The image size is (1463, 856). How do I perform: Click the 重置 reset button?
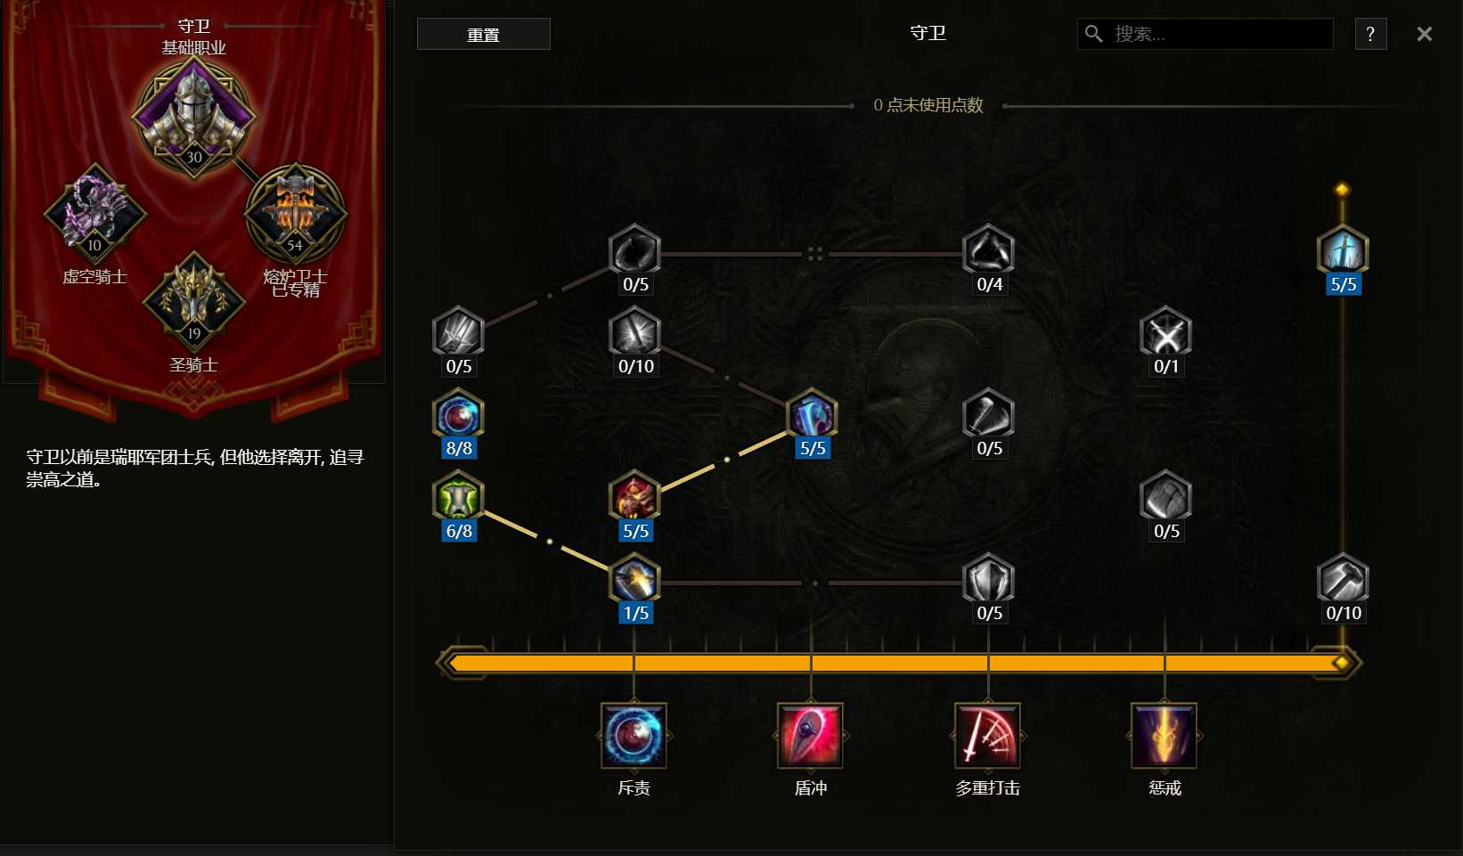483,34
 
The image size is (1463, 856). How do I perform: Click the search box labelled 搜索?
1205,34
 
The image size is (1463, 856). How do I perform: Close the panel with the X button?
1425,34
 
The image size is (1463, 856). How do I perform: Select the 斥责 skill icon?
633,736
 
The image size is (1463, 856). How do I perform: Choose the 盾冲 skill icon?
811,736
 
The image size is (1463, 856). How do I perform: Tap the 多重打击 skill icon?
987,736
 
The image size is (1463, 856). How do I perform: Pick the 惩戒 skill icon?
1165,736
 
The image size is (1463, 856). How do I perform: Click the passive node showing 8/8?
459,415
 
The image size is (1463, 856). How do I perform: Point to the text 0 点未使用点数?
928,105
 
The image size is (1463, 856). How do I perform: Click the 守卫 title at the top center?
928,33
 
